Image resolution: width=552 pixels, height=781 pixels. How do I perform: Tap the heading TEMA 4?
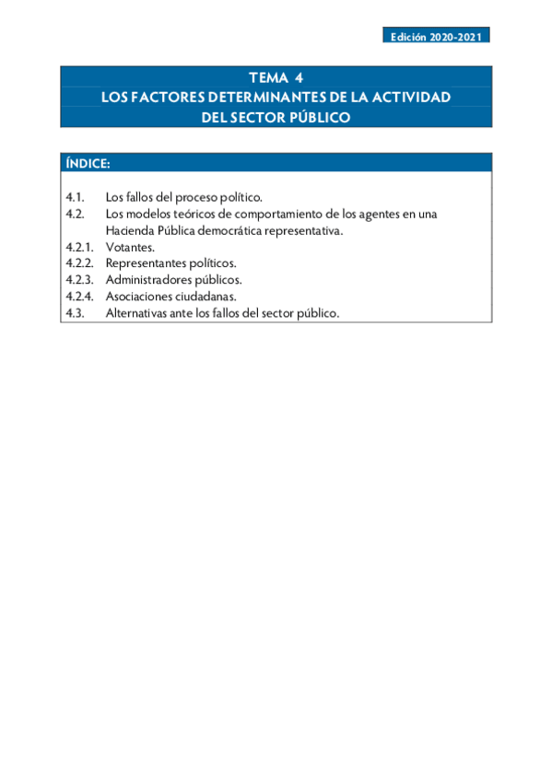pyautogui.click(x=276, y=77)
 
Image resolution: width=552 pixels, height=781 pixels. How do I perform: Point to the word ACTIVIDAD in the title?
pyautogui.click(x=410, y=97)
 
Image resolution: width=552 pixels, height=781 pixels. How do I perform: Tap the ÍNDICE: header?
pyautogui.click(x=88, y=163)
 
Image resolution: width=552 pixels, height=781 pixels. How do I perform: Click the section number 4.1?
pyautogui.click(x=76, y=197)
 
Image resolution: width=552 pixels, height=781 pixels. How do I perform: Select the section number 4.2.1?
pyautogui.click(x=79, y=247)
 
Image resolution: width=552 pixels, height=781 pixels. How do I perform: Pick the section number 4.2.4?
pyautogui.click(x=79, y=297)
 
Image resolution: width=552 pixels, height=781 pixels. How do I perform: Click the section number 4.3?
pyautogui.click(x=76, y=313)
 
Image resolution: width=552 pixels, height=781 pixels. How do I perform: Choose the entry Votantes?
pyautogui.click(x=130, y=247)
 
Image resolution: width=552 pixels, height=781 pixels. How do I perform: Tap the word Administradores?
pyautogui.click(x=147, y=280)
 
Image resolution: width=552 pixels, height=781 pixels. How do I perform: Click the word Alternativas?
pyautogui.click(x=137, y=313)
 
